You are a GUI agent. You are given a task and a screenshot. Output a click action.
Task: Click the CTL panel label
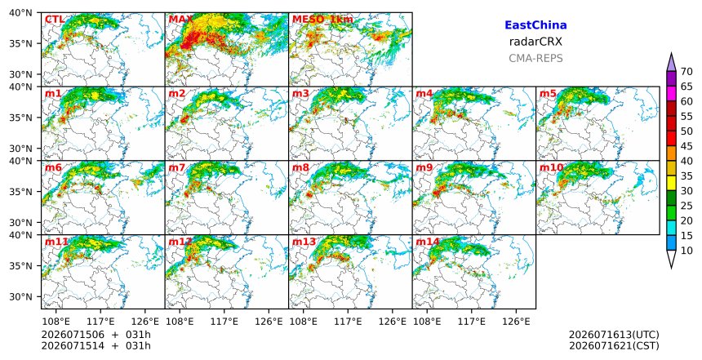(x=55, y=20)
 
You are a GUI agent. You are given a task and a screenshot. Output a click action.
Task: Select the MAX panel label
(x=181, y=20)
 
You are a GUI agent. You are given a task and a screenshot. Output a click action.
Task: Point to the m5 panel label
(x=548, y=94)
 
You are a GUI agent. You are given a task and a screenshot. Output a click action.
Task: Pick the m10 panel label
(x=551, y=167)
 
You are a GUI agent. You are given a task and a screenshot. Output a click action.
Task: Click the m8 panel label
(x=300, y=167)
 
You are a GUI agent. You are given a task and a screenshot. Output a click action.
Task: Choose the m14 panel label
(x=428, y=242)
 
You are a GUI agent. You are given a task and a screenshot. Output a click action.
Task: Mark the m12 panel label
(x=180, y=242)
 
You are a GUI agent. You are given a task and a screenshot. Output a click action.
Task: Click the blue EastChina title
(x=535, y=25)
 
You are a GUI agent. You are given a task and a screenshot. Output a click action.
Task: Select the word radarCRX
(x=535, y=42)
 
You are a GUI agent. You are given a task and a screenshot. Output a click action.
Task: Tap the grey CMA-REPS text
(x=535, y=58)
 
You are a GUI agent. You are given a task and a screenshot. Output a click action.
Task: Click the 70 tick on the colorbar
(x=686, y=72)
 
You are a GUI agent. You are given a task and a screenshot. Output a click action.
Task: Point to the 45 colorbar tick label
(x=686, y=146)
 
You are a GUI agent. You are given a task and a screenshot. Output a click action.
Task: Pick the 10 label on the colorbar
(x=686, y=251)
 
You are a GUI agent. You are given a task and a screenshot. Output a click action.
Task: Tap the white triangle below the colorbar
(x=671, y=258)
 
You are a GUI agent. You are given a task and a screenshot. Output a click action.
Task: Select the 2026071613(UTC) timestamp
(x=614, y=335)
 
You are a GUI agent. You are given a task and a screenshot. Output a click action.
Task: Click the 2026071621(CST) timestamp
(x=614, y=345)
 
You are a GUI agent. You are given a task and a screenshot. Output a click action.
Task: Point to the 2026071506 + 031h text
(x=96, y=335)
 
